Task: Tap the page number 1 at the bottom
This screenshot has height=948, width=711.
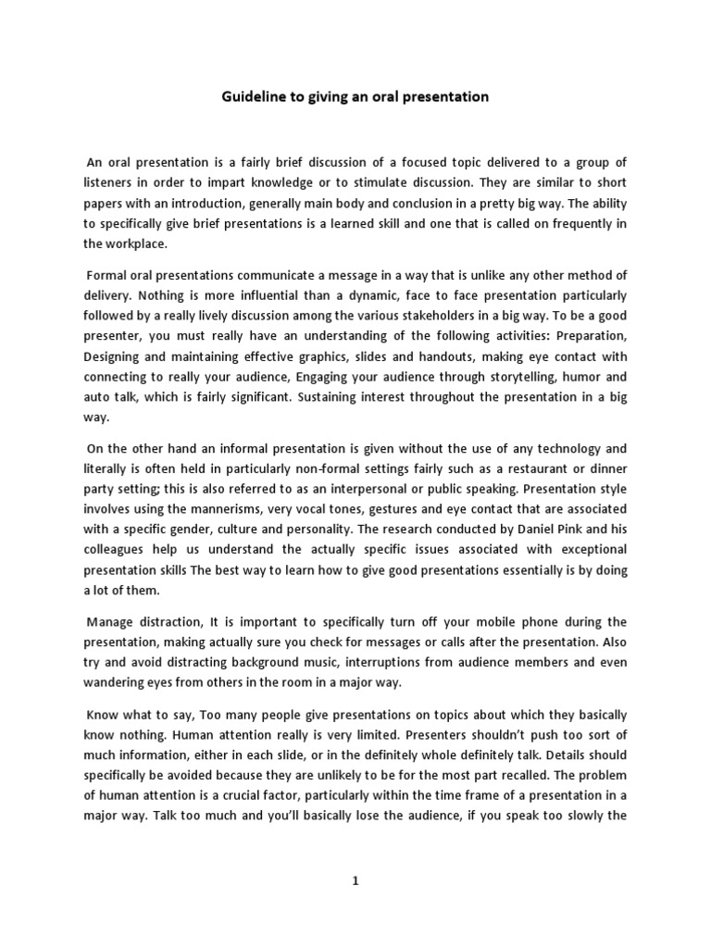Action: point(355,882)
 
